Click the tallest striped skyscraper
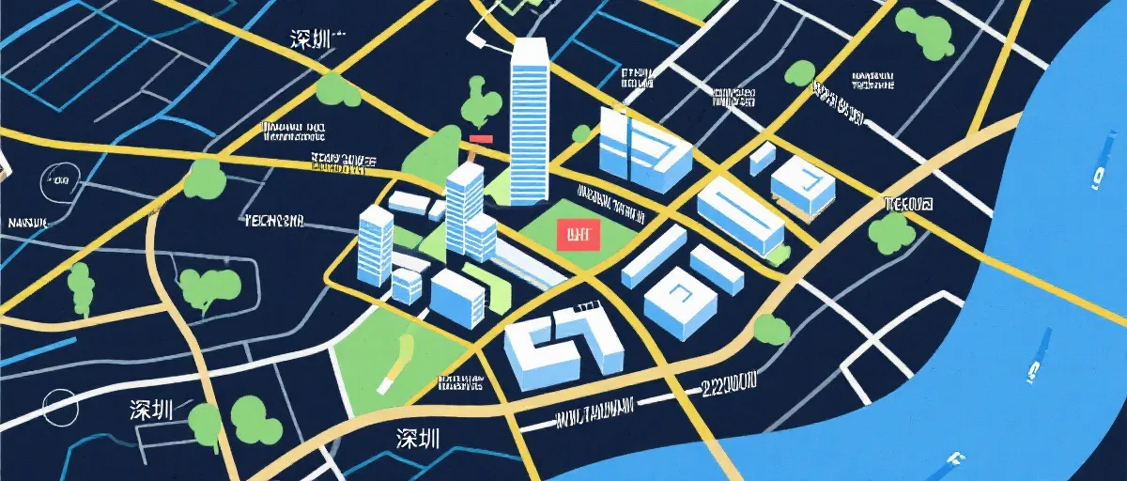(529, 122)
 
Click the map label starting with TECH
(273, 222)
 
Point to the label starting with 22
(729, 382)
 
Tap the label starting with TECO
(908, 203)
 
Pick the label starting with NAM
(27, 224)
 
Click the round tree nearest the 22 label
(770, 328)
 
